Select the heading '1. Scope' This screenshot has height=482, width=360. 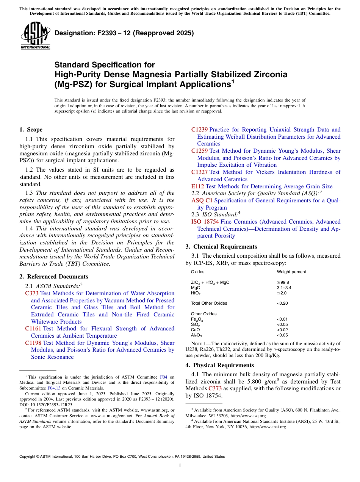[31, 130]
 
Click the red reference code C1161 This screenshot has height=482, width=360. [33, 329]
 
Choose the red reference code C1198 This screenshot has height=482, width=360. [33, 343]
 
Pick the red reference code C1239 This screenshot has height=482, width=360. [199, 130]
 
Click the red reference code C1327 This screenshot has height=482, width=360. [199, 172]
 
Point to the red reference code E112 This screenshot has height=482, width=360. [198, 186]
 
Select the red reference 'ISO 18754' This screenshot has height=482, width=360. [205, 222]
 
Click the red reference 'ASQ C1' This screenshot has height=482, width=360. [202, 200]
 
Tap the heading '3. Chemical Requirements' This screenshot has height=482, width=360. [221, 247]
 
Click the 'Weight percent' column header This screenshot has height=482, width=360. [291, 272]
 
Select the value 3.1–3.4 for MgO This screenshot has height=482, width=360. [284, 288]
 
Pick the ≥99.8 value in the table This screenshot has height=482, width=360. [283, 282]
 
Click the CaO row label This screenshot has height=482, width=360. [195, 330]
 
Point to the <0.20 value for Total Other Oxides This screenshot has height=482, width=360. [283, 303]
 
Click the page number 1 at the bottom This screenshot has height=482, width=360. [180, 466]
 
